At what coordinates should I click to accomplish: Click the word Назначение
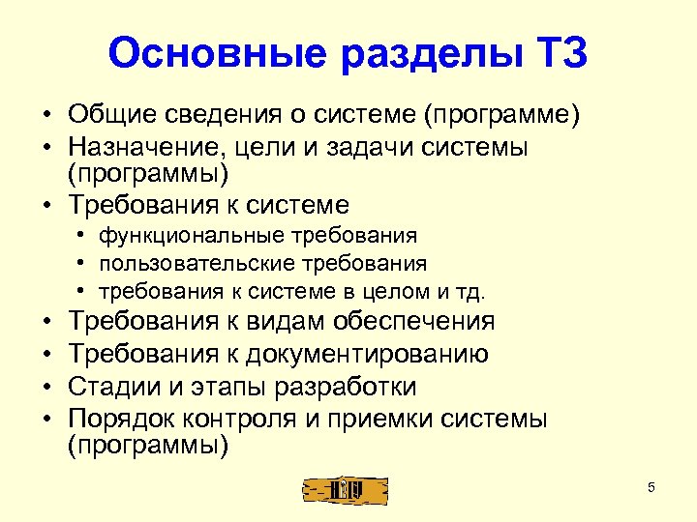pos(144,150)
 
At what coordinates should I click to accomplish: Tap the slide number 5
pos(652,487)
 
